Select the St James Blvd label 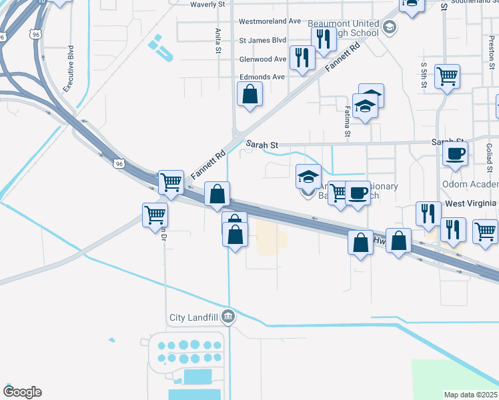point(263,40)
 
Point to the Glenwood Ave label point(263,59)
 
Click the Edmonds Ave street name point(262,77)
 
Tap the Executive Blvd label point(68,69)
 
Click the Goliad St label point(489,153)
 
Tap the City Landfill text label point(194,317)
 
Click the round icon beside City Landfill point(229,316)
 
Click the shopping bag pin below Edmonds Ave point(249,95)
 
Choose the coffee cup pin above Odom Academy point(456,153)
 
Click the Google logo point(22,392)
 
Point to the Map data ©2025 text point(471,395)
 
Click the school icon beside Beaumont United point(390,27)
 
